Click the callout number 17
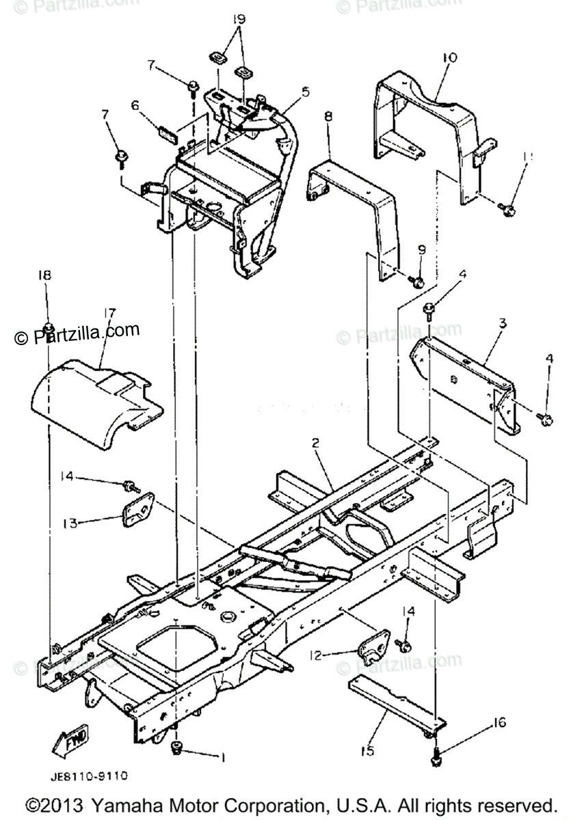109,314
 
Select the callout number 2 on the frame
316,443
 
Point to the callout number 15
367,752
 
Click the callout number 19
237,19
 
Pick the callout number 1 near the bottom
221,756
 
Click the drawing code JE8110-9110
88,777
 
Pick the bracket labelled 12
373,649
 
